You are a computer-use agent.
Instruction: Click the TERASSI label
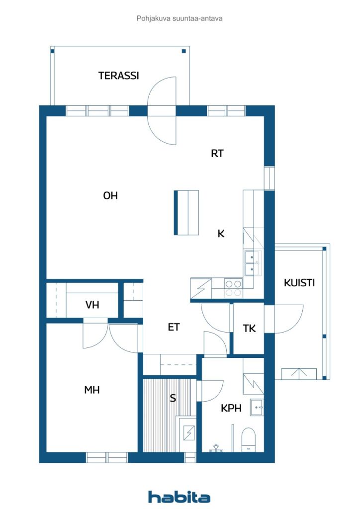tap(118, 76)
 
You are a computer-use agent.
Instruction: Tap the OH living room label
tap(110, 196)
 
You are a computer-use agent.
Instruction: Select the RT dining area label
tap(217, 154)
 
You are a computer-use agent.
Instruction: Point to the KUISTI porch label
tap(299, 283)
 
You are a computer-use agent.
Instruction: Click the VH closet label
tap(92, 305)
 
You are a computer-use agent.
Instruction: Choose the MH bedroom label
tap(92, 390)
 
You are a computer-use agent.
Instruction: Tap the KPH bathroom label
tap(231, 408)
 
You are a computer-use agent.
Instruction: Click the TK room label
tap(250, 329)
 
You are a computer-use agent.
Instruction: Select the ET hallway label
tap(174, 327)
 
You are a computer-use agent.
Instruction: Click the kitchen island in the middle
tap(186, 212)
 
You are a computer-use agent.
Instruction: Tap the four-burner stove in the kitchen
tap(233, 288)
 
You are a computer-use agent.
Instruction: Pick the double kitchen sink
tap(250, 263)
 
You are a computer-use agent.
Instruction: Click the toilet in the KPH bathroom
tap(248, 440)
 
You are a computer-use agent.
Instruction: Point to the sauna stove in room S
tap(188, 434)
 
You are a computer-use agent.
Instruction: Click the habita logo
tap(180, 497)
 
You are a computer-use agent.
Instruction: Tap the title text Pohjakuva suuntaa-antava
tap(180, 18)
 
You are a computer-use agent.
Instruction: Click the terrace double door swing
tap(163, 110)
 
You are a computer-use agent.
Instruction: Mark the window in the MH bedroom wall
tap(107, 457)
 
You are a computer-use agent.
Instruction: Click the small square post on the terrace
tap(184, 51)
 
